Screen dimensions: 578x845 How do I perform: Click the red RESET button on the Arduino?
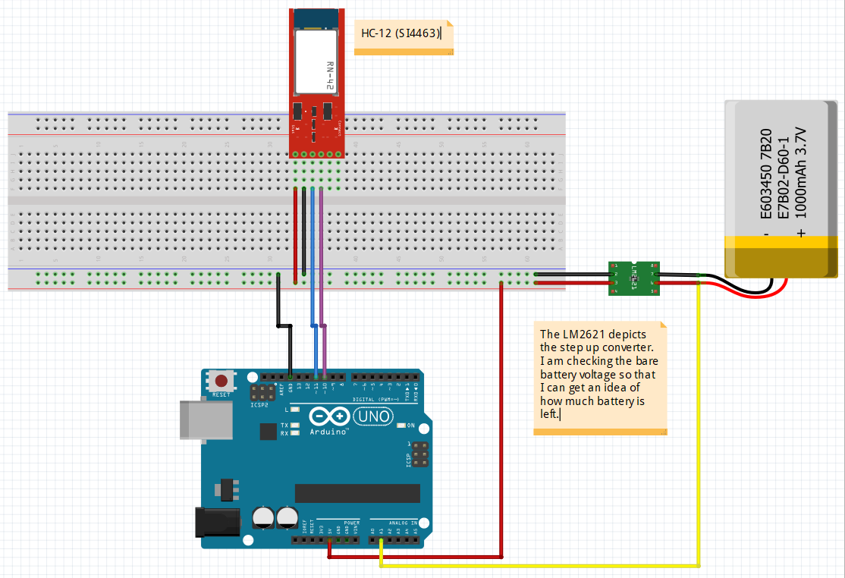click(221, 381)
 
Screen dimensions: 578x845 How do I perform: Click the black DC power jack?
click(218, 523)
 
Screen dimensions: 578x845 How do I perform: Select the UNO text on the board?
click(374, 416)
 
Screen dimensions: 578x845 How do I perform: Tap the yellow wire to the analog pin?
click(698, 425)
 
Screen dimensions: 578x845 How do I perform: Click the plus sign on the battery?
click(800, 234)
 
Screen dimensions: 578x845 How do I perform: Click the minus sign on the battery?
click(766, 234)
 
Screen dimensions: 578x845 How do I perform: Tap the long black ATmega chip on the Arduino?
click(357, 493)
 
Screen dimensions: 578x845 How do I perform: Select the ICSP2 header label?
click(259, 405)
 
